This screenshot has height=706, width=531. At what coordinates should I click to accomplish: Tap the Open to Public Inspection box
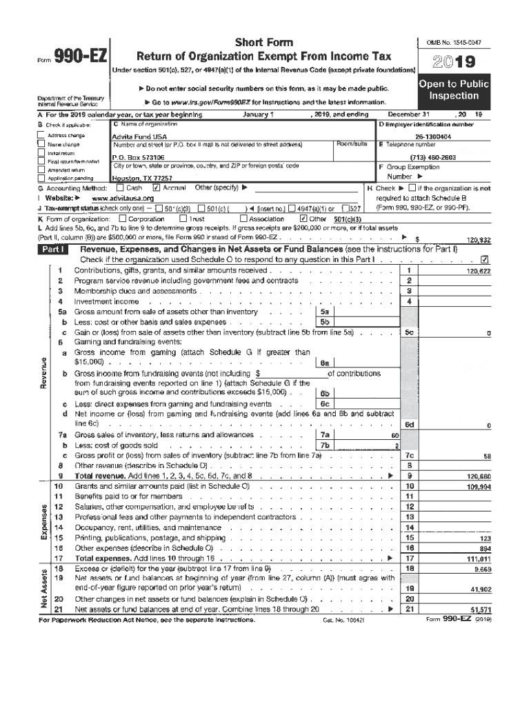tap(453, 90)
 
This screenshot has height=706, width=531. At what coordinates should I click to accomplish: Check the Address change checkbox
tap(41, 137)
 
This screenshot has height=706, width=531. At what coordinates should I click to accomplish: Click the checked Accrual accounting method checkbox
tap(156, 187)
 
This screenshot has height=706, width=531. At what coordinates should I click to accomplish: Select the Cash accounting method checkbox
tap(121, 187)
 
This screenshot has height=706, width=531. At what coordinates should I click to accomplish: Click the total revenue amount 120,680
tap(477, 476)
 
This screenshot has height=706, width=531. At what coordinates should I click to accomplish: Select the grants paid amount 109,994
tap(477, 486)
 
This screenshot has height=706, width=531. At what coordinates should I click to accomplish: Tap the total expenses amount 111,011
tap(478, 558)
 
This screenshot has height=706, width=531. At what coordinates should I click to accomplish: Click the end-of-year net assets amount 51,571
tap(479, 610)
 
